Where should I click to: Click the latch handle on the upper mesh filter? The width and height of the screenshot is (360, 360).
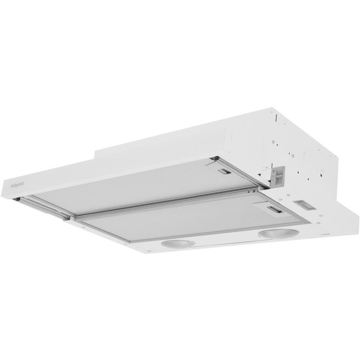click(x=225, y=172)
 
